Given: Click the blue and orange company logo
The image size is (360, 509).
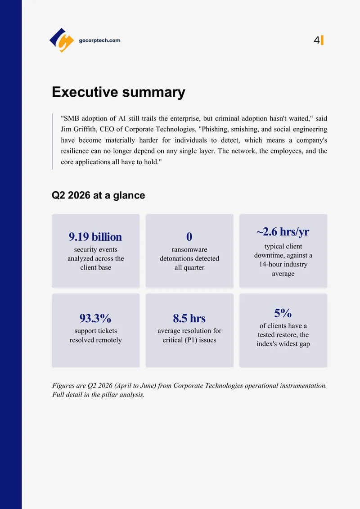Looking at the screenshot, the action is coord(62,40).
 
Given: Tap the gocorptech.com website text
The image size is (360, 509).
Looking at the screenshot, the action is coord(99,41).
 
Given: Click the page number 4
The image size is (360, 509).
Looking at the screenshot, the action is coord(316,40).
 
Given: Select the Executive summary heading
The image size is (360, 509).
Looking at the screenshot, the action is coord(118,92).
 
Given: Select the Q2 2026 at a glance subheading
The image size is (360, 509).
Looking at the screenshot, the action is coord(99,195).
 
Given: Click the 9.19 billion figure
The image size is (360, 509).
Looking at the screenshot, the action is coord(95,237).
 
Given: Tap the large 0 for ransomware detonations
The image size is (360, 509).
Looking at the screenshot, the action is coord(189,237).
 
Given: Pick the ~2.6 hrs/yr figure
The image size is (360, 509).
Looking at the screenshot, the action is coord(283,232).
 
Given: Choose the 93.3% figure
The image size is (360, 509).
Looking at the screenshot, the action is coord(95,318).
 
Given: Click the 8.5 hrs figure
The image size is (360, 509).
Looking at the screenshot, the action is coord(189,318).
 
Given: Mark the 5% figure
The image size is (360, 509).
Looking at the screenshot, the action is coord(283,313).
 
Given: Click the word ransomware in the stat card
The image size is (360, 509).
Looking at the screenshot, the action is coord(189,250).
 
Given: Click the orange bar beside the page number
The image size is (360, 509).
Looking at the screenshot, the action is coord(322,40).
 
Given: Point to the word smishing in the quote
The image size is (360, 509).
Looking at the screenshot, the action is coord(246,129).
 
